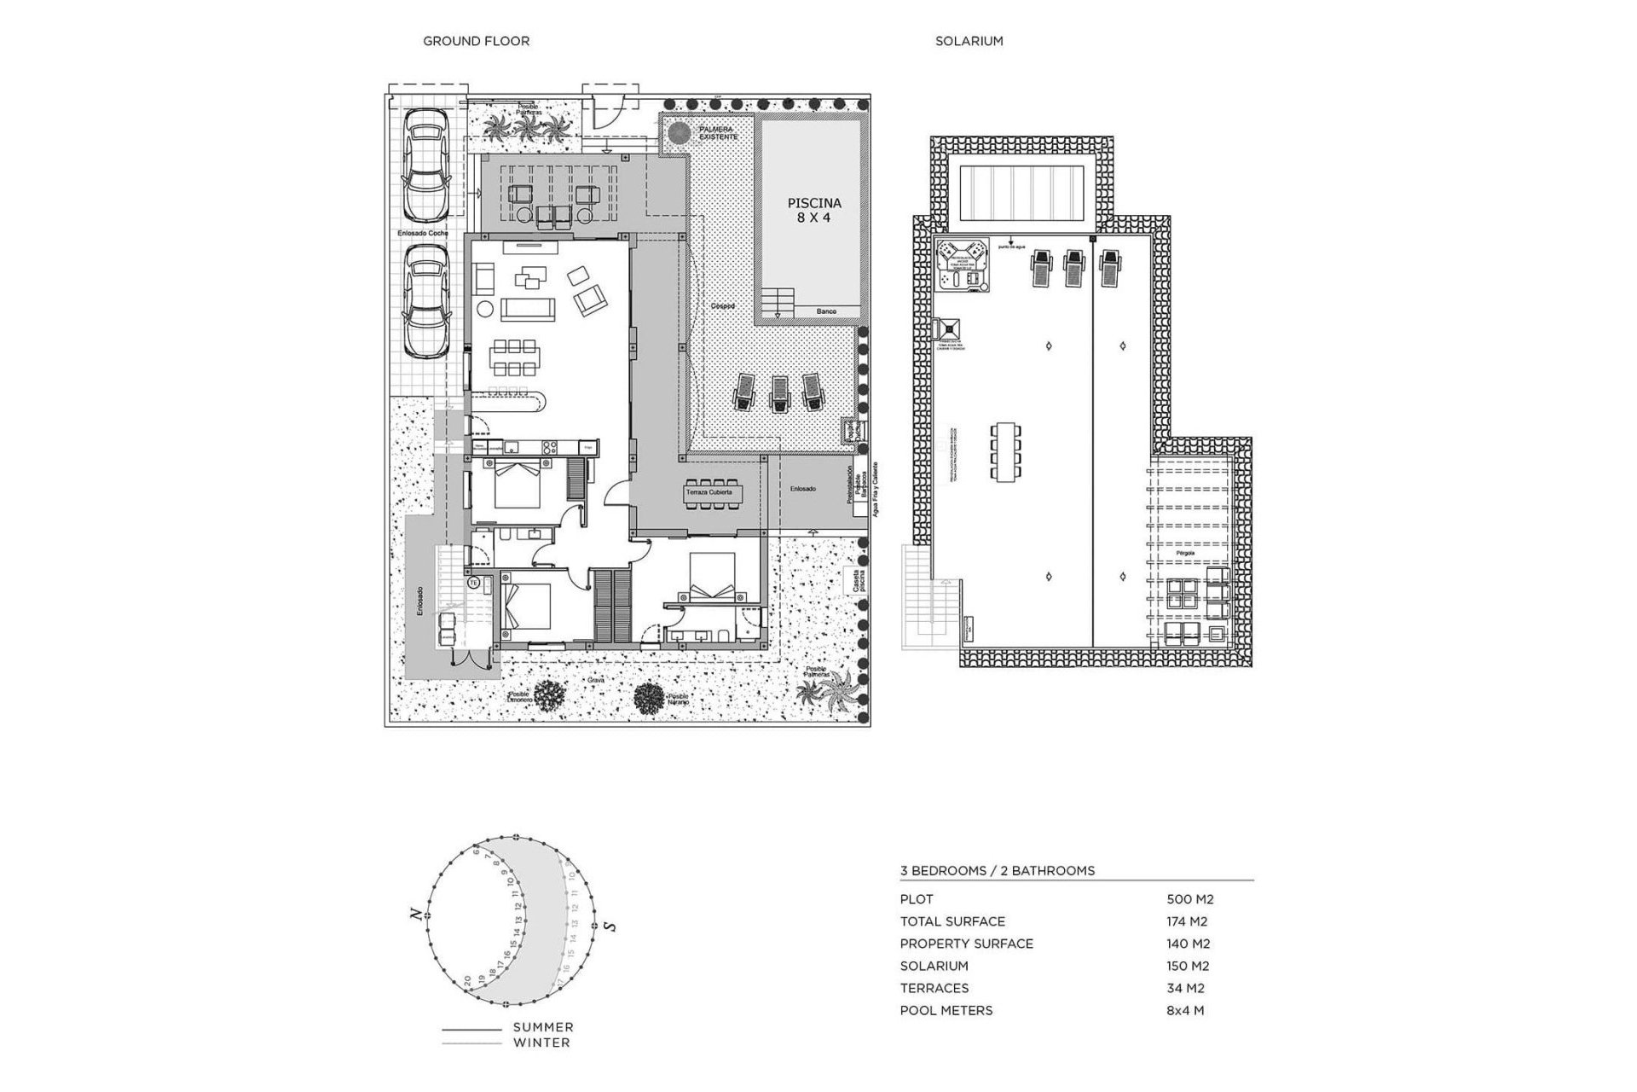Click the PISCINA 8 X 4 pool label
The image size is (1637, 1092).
(x=813, y=210)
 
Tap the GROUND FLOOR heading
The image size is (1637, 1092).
(x=476, y=41)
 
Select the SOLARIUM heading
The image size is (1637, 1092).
(x=969, y=41)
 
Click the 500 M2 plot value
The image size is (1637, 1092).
(x=1189, y=899)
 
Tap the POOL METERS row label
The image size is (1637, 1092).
(x=946, y=1010)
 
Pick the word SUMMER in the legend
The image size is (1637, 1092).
(x=543, y=1027)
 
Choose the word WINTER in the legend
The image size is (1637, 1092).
(x=541, y=1043)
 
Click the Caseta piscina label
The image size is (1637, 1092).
(x=849, y=582)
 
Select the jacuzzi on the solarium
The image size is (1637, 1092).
(x=962, y=264)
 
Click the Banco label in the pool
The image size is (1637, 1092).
(x=826, y=311)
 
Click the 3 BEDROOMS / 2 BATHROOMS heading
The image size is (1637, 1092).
(x=997, y=871)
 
